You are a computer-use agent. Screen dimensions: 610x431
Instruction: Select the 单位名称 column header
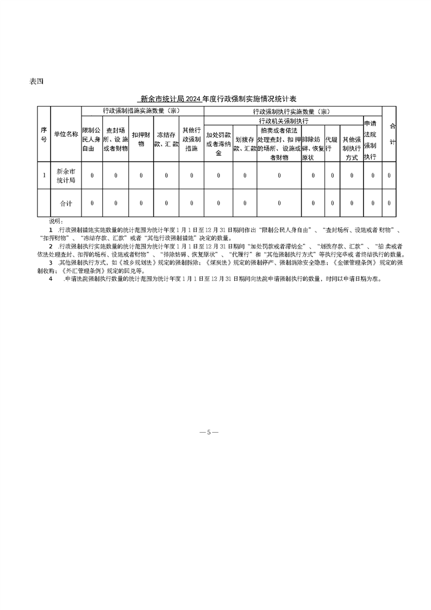click(x=66, y=134)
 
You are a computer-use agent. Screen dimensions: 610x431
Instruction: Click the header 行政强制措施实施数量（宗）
click(x=142, y=110)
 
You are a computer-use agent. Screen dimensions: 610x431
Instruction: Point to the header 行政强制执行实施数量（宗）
click(x=292, y=111)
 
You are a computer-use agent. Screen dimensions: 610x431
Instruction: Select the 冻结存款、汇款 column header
click(x=166, y=140)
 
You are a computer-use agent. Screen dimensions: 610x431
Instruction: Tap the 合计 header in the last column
click(x=393, y=134)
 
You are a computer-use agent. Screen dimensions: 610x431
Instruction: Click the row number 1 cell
click(x=43, y=175)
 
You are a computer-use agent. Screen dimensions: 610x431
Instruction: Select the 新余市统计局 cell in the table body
click(x=66, y=175)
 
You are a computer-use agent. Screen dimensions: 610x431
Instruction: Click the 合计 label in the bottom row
click(x=66, y=203)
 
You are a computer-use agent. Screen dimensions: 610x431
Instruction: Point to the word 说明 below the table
click(x=56, y=221)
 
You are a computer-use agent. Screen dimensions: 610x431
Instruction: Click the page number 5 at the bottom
click(x=209, y=432)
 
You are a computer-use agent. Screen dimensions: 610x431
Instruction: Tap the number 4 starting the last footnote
click(x=51, y=278)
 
